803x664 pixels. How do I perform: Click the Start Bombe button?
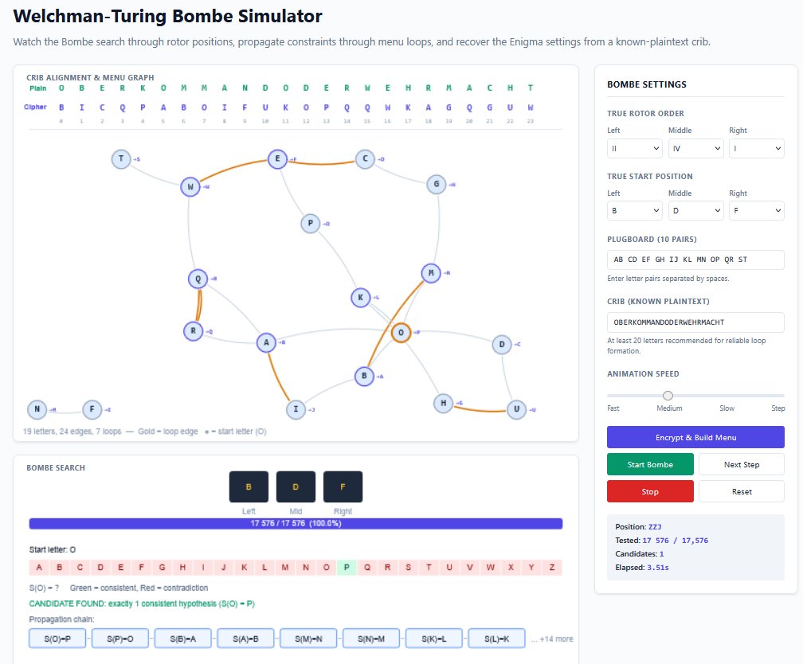click(x=650, y=464)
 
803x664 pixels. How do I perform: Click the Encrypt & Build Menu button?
click(x=695, y=437)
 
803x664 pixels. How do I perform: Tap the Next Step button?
click(x=741, y=464)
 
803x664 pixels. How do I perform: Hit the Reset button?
click(x=741, y=491)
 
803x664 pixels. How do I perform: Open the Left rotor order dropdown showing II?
click(x=635, y=147)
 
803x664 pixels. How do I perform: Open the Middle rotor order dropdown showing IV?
click(x=695, y=147)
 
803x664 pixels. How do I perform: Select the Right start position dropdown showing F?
click(x=756, y=210)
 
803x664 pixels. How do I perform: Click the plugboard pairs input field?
click(x=695, y=260)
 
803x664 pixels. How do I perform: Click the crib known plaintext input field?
click(x=695, y=322)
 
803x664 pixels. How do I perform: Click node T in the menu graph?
click(x=121, y=159)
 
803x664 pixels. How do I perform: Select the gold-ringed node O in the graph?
click(x=401, y=332)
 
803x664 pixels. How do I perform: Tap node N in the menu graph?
click(x=37, y=409)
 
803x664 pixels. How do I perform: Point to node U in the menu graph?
click(x=517, y=409)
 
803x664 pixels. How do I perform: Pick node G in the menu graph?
click(x=436, y=185)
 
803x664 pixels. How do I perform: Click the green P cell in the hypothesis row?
click(x=347, y=568)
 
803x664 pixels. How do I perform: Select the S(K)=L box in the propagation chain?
click(x=434, y=639)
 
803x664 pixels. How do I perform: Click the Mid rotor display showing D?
click(x=296, y=486)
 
